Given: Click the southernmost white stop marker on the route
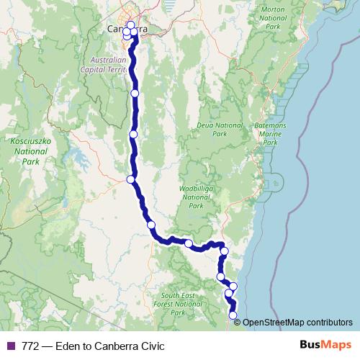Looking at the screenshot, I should (233, 315).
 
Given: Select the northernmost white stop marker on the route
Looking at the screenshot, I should (130, 25).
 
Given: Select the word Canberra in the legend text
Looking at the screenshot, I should (114, 346).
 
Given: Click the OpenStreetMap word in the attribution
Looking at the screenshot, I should (278, 323).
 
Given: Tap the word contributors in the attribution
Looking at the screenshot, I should (331, 323).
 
